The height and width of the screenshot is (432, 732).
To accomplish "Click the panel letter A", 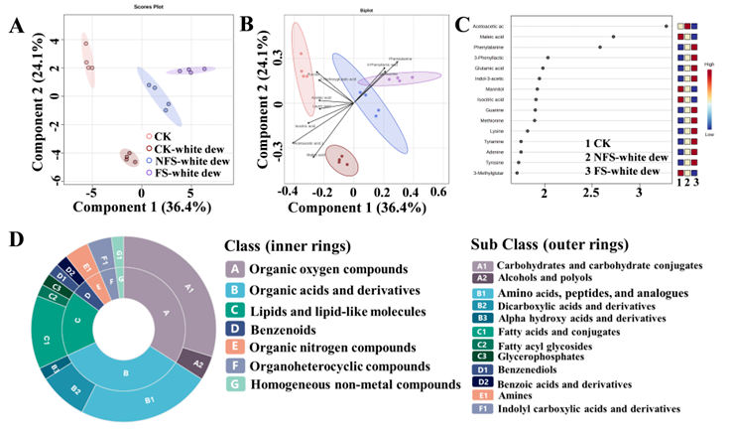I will click(15, 26).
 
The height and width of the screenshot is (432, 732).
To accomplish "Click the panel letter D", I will click(13, 239).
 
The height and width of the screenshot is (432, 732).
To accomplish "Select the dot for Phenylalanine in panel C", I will click(600, 47).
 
